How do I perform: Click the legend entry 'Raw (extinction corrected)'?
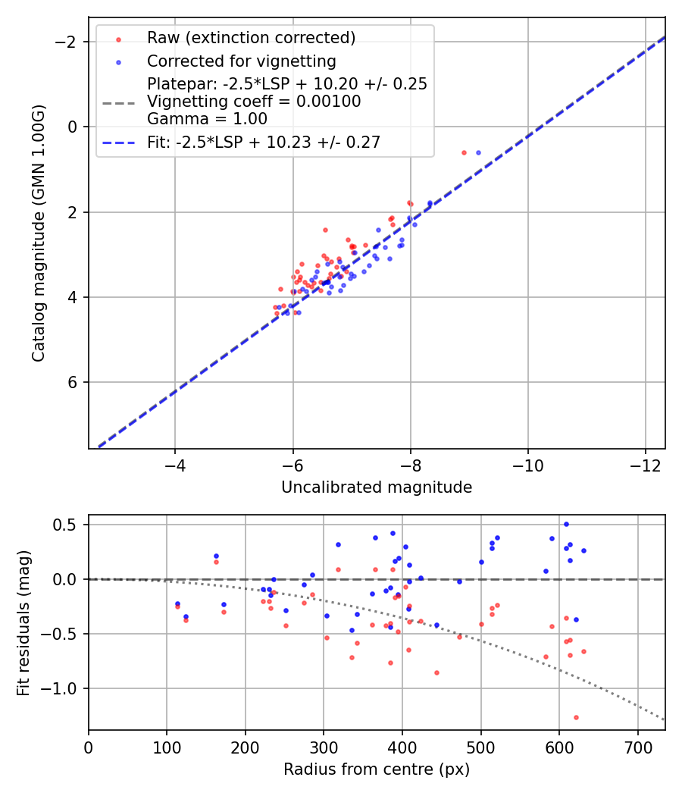[x=251, y=38]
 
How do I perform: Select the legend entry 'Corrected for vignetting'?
[x=242, y=61]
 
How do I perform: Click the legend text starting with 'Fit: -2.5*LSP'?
[x=264, y=142]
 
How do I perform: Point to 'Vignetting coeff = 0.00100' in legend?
[x=254, y=102]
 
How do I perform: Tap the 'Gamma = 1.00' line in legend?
[x=207, y=119]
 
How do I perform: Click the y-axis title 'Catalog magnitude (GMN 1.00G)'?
[x=38, y=233]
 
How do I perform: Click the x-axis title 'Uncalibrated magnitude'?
[x=377, y=487]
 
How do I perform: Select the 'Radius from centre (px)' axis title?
[x=377, y=769]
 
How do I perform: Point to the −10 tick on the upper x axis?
[x=528, y=462]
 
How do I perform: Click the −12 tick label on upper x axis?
[x=646, y=462]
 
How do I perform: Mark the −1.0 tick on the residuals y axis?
[x=66, y=688]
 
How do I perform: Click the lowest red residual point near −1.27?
[x=576, y=717]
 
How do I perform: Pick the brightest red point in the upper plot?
[x=464, y=152]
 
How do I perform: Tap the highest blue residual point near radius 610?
[x=566, y=524]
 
